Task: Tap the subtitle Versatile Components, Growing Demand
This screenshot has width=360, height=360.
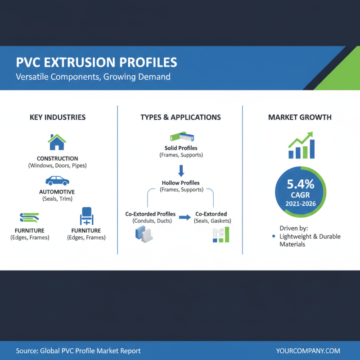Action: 93,76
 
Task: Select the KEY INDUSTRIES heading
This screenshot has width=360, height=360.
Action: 58,117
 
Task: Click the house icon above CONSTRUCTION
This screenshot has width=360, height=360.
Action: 57,142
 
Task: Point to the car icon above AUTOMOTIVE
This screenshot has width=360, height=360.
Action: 57,181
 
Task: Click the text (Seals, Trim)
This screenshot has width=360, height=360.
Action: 57,198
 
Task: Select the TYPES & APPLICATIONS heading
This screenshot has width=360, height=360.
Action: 180,117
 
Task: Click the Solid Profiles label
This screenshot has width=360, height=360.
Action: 181,148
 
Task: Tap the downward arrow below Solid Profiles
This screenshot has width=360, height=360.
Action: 181,170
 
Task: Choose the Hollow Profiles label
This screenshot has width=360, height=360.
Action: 181,183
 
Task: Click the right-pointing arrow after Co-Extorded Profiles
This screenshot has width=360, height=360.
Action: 184,217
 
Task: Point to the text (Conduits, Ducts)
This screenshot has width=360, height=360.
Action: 150,221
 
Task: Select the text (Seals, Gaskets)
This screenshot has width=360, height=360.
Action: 212,221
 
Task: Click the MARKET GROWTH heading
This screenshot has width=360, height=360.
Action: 300,117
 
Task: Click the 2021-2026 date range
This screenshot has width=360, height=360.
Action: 301,204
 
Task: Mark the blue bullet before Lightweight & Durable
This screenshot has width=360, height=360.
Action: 274,236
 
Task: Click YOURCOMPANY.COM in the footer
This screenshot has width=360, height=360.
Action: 308,351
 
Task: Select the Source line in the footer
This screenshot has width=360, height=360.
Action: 78,351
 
